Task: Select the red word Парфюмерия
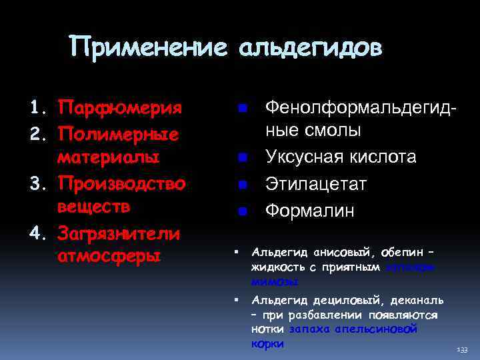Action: coord(120,108)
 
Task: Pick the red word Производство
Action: coord(121,182)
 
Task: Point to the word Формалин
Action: coord(310,211)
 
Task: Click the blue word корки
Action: coord(267,344)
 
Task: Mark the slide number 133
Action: coord(462,349)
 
